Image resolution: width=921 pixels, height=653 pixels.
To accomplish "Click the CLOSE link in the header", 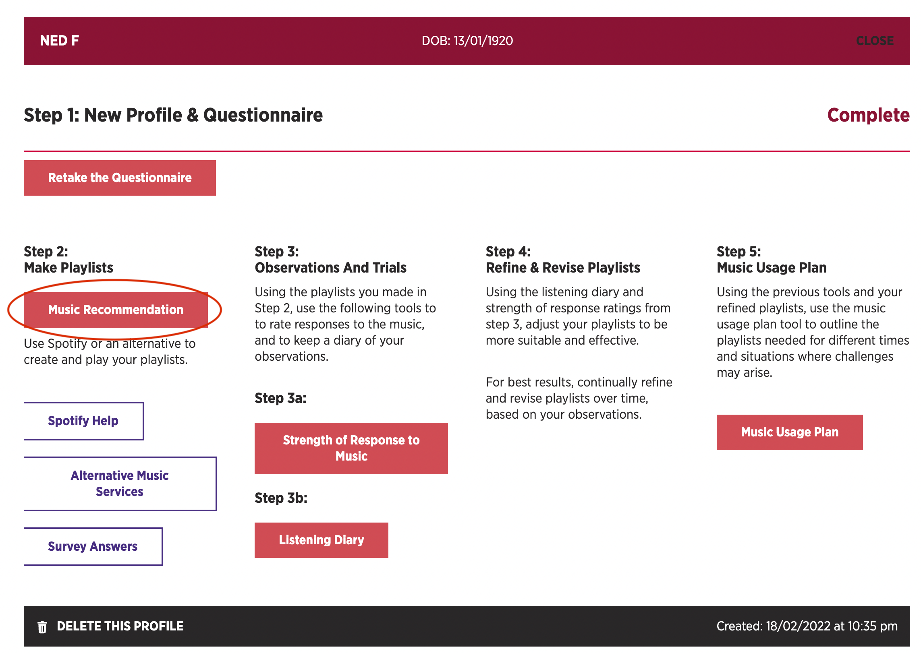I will (874, 41).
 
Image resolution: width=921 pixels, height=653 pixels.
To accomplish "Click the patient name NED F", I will (60, 41).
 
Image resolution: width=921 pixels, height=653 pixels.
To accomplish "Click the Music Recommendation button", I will (116, 310).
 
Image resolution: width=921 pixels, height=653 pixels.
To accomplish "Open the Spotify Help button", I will (83, 421).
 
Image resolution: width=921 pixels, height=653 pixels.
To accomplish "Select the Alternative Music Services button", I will (120, 484).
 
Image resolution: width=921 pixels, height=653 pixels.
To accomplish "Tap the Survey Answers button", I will (93, 546).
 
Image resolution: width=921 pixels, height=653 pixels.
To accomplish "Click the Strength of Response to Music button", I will (351, 448).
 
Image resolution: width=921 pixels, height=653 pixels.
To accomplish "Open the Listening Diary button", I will (321, 540).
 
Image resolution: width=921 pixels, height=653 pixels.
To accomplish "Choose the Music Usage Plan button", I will (789, 432).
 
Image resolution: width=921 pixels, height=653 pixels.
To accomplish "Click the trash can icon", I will (42, 627).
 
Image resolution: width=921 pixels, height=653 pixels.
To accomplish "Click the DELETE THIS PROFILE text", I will (120, 626).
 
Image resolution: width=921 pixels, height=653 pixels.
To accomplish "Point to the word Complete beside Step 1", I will (868, 115).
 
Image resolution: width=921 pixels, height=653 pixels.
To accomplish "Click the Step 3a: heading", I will (280, 398).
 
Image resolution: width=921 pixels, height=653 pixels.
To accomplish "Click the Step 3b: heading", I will (281, 498).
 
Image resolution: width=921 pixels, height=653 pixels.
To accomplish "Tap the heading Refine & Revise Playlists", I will (562, 268).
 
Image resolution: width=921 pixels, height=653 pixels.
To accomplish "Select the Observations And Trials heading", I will (330, 268).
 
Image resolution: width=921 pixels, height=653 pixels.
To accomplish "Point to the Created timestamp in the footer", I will (807, 626).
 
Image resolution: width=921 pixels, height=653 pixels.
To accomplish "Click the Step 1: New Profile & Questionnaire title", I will (173, 115).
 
